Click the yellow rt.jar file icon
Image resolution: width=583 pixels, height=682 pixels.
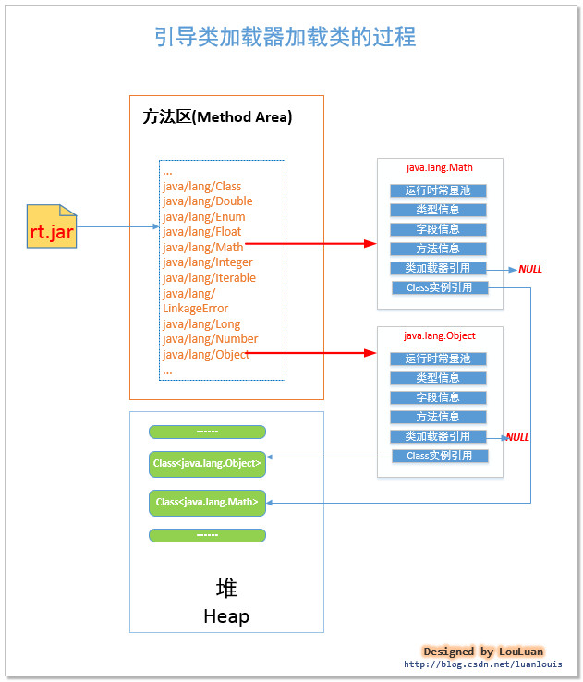(52, 227)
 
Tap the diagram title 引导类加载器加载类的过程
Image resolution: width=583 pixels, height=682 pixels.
(285, 37)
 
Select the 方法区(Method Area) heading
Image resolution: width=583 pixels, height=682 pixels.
(217, 117)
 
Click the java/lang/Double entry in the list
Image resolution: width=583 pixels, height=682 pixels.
(207, 201)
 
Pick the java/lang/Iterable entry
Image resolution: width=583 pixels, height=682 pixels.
(209, 278)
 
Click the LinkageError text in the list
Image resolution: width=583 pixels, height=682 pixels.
(195, 309)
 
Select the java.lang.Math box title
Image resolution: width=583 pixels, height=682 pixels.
(439, 168)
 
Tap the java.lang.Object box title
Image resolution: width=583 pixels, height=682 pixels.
(439, 335)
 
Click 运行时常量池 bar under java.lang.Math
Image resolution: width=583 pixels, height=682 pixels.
(438, 191)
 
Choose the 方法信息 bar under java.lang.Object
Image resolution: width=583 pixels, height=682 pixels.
(438, 417)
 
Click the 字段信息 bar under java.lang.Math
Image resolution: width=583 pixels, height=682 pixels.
(438, 229)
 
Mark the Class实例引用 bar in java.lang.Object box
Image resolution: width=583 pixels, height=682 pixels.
(439, 456)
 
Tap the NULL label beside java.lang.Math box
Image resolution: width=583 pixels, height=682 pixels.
(530, 270)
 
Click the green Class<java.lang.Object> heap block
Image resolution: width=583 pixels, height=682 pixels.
(207, 462)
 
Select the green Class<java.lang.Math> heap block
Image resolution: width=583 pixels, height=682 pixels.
(207, 503)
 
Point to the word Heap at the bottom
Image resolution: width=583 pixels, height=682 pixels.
(226, 616)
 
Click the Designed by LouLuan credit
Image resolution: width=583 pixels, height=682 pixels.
(483, 652)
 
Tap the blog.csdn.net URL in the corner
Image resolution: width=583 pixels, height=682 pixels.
(482, 664)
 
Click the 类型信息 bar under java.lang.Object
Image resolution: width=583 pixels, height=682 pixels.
(438, 378)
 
